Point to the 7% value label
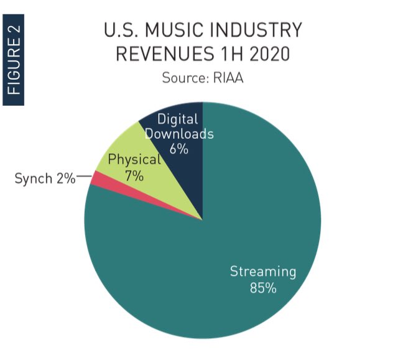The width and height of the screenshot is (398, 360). [134, 176]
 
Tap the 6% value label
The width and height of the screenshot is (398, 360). [178, 149]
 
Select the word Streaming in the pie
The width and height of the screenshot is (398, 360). [263, 272]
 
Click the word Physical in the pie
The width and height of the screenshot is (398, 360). [134, 160]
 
